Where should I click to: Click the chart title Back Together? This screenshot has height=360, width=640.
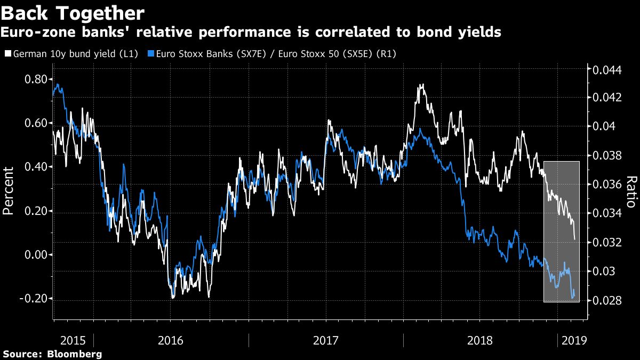pos(73,12)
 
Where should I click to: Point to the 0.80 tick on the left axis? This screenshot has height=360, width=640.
pos(36,79)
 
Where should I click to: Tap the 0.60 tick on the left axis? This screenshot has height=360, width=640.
pos(36,123)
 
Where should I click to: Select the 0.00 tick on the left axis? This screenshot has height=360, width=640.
pos(36,255)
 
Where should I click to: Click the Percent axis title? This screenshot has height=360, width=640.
pos(9,190)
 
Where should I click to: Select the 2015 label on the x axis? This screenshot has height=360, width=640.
pos(73,340)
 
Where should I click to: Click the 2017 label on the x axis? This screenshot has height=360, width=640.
pos(326,340)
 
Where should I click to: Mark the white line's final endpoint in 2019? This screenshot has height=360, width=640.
pos(574,239)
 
